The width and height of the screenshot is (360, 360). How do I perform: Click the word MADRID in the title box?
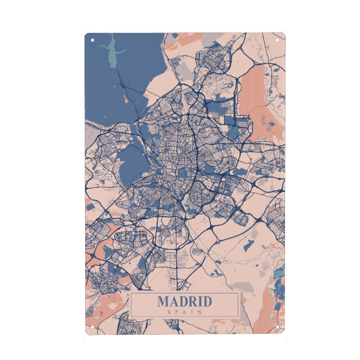click(185, 301)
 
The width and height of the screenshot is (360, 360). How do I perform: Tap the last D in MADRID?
click(207, 301)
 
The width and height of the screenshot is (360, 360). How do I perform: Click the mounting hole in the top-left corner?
click(93, 41)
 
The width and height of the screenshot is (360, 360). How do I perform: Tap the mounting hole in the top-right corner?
click(277, 41)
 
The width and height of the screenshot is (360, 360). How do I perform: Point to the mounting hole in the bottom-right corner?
click(277, 327)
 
